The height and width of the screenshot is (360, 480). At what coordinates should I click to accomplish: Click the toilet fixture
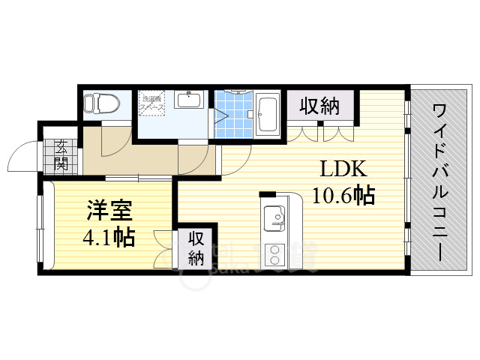pyautogui.click(x=97, y=103)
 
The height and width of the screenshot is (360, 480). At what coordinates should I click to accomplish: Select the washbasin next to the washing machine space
pyautogui.click(x=187, y=101)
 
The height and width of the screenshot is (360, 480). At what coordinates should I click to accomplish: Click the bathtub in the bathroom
pyautogui.click(x=267, y=115)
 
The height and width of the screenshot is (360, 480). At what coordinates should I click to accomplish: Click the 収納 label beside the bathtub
pyautogui.click(x=320, y=106)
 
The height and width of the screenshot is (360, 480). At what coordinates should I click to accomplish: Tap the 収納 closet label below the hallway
pyautogui.click(x=196, y=249)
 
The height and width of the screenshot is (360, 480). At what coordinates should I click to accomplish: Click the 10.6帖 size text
pyautogui.click(x=344, y=195)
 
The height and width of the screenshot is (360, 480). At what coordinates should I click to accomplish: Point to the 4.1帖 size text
pyautogui.click(x=108, y=238)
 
